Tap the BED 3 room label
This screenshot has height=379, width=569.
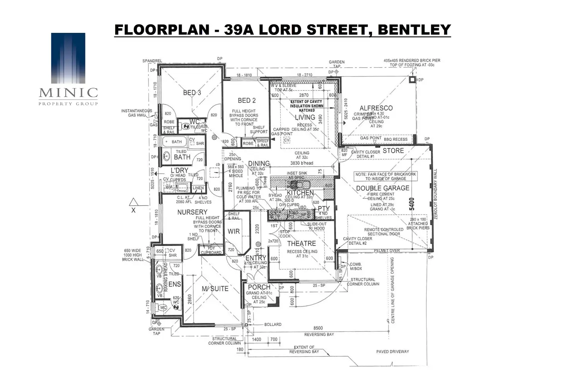click(192, 93)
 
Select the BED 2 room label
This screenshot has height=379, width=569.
click(247, 101)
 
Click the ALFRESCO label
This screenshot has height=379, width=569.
click(376, 108)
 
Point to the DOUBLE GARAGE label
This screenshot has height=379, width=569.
click(382, 188)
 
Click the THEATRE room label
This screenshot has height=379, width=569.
click(301, 244)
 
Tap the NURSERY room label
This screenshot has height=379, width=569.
click(192, 212)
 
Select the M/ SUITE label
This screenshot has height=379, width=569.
click(215, 289)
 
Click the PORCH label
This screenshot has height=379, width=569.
click(259, 287)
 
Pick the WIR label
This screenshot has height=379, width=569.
click(233, 232)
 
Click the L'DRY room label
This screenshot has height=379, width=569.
click(179, 171)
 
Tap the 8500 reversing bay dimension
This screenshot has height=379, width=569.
click(318, 328)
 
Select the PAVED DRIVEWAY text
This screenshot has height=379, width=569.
click(392, 352)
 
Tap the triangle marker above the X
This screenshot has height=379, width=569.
click(134, 201)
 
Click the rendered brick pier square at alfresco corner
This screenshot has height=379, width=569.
click(412, 80)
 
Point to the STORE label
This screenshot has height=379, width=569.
click(393, 151)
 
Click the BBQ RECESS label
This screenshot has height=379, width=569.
click(395, 139)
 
